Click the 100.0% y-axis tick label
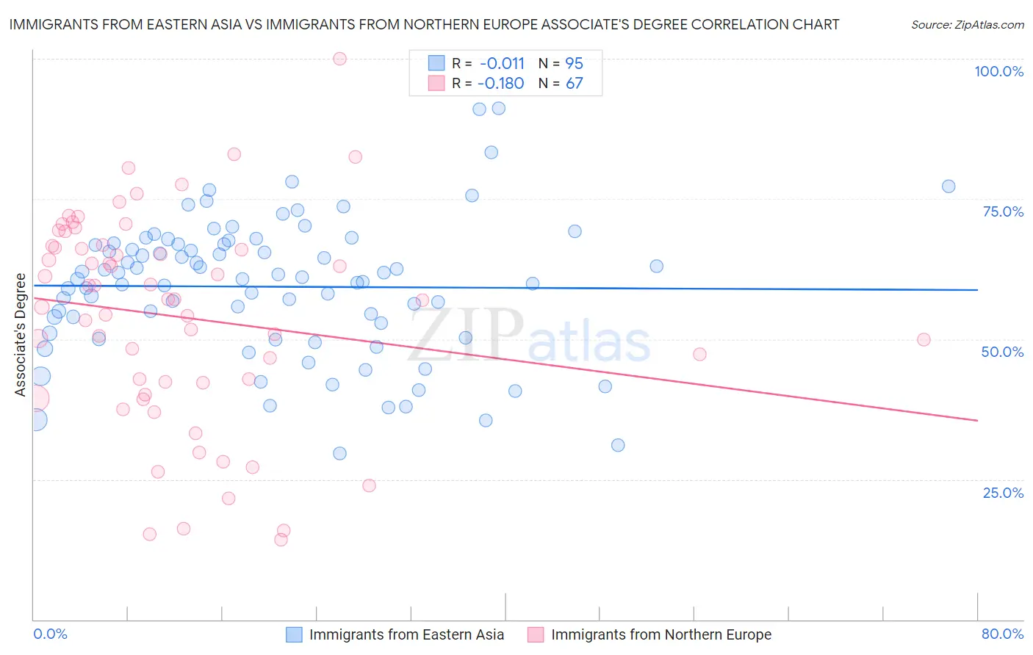[x=998, y=71]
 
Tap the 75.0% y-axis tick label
[x=1003, y=211]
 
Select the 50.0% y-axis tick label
[x=1002, y=352]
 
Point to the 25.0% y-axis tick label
[x=1003, y=492]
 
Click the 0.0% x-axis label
[x=50, y=634]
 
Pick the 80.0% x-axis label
[x=1002, y=634]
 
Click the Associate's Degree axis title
[x=21, y=335]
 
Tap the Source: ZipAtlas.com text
[x=967, y=25]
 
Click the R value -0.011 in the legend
[x=502, y=64]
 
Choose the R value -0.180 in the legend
[x=500, y=84]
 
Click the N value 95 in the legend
[x=574, y=64]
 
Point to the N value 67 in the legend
[x=574, y=84]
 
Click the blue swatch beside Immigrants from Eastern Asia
[x=295, y=635]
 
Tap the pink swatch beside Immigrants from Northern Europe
[x=536, y=635]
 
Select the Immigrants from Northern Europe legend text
[x=661, y=635]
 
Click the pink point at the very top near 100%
[x=339, y=59]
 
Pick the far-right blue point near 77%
[x=949, y=187]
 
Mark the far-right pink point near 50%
[x=924, y=340]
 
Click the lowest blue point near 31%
[x=618, y=445]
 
